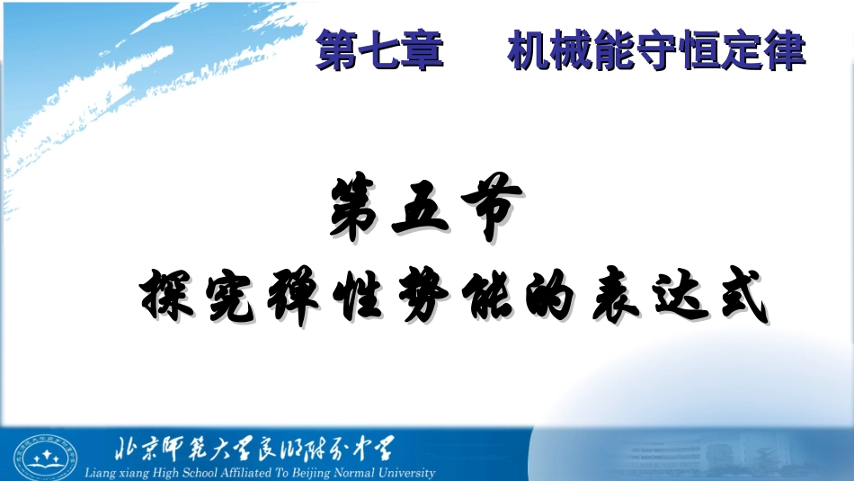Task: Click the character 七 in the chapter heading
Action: pos(379,51)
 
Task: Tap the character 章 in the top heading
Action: pos(423,51)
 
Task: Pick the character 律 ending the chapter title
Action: pos(785,51)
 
